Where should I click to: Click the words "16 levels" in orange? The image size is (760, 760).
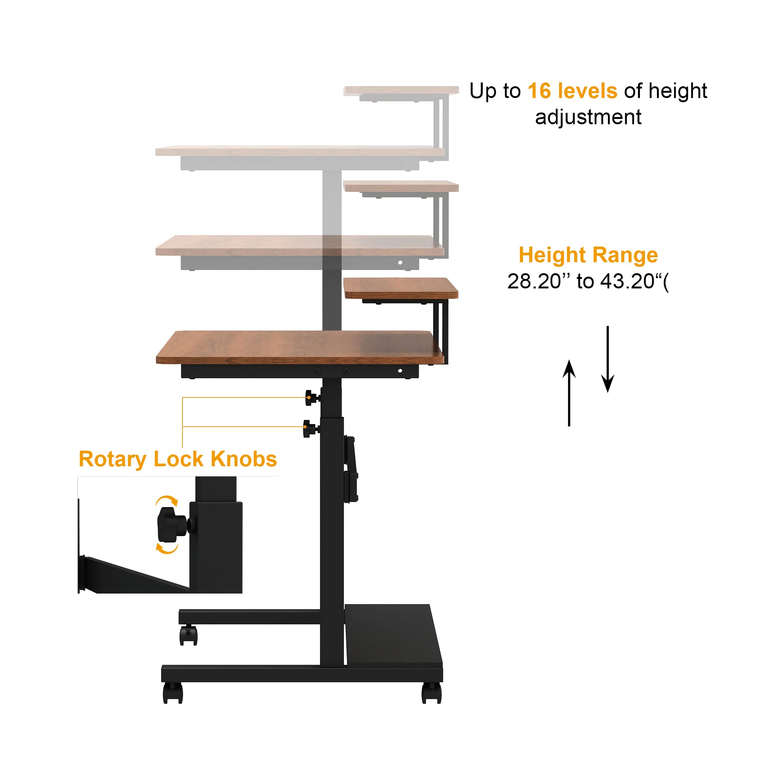[x=572, y=91]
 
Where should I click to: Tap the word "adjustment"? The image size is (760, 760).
[x=588, y=117]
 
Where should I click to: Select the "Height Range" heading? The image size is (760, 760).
[x=588, y=255]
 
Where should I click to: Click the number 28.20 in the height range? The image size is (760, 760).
[x=534, y=281]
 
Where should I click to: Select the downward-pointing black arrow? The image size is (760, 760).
[x=608, y=359]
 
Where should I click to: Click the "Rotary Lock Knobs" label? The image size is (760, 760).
[x=178, y=459]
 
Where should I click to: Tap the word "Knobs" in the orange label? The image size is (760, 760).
[x=244, y=459]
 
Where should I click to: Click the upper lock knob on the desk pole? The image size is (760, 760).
[x=312, y=398]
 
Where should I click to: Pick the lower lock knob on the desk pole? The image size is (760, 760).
[x=310, y=428]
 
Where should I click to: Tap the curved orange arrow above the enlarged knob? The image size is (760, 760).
[x=167, y=501]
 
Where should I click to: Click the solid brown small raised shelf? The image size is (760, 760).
[x=401, y=288]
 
